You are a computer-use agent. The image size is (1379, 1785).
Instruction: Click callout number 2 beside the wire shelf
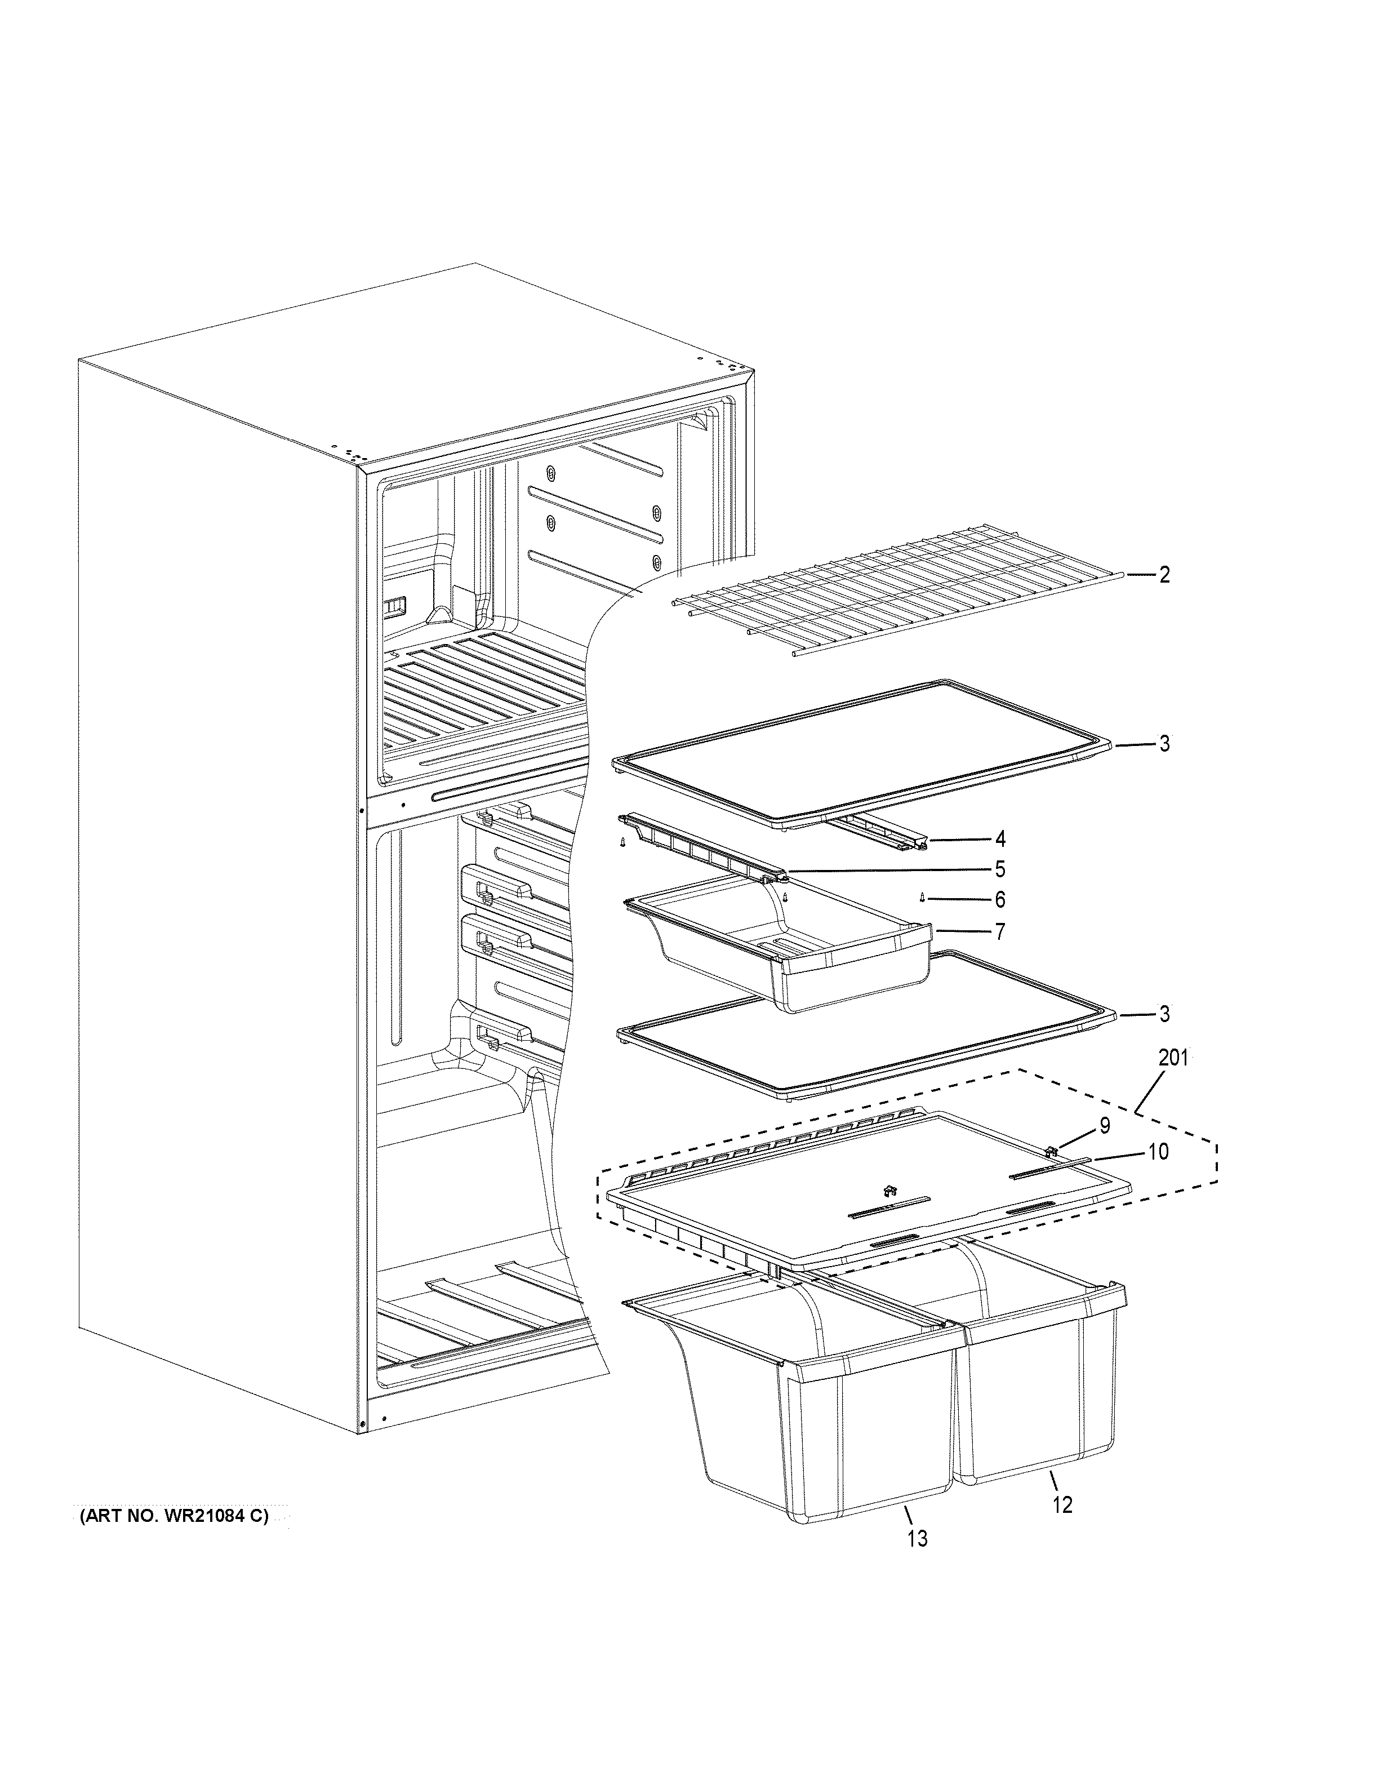click(x=1163, y=575)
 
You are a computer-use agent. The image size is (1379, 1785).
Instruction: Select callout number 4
click(x=1000, y=838)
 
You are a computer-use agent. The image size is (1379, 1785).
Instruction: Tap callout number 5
click(x=1000, y=869)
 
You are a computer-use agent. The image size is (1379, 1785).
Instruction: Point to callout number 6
click(x=1000, y=900)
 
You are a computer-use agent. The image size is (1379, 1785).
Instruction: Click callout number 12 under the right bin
click(x=1062, y=1504)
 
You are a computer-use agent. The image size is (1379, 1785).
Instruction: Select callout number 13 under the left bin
click(x=918, y=1539)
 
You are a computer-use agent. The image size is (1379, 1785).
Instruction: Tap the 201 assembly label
click(x=1173, y=1058)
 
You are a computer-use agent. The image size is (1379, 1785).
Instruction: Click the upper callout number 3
click(x=1163, y=744)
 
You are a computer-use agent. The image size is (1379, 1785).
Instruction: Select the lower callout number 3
click(x=1163, y=1014)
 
